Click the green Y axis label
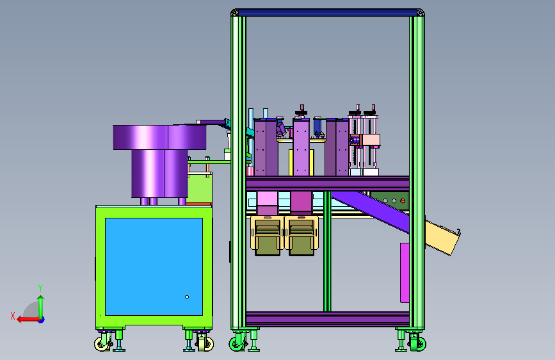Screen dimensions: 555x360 coord(40,288)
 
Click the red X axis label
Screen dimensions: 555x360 coord(13,316)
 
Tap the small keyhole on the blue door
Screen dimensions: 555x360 coord(187,297)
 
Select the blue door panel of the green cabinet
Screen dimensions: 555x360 coord(154,266)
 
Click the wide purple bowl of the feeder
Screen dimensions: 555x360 coord(159,137)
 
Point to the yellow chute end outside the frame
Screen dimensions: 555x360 coord(442,238)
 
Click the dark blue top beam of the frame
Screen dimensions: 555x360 coord(328,12)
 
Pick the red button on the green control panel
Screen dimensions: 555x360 coord(403,201)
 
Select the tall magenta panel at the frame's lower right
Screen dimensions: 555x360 coord(405,273)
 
